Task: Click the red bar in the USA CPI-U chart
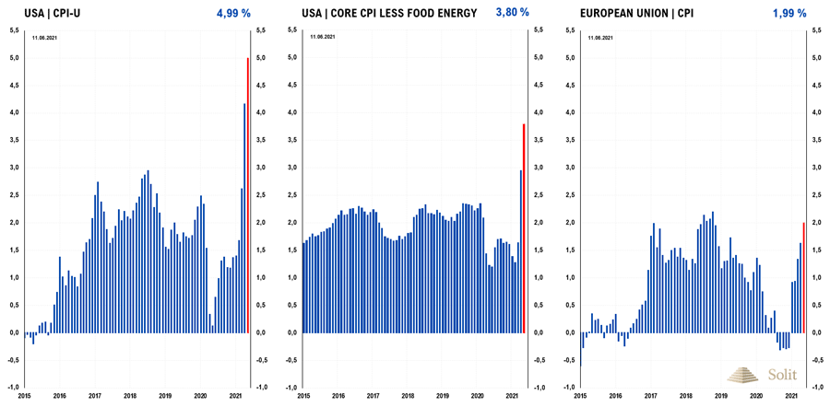click(247, 195)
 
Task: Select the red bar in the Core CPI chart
click(524, 227)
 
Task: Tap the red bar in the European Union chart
click(803, 277)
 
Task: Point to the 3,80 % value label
click(513, 13)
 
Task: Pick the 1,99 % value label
click(790, 13)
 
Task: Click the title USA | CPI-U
click(53, 14)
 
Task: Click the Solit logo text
click(781, 375)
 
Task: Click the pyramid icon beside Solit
click(744, 375)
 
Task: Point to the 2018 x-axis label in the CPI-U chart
click(130, 396)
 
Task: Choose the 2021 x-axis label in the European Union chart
click(790, 396)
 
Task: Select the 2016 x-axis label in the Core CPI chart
click(338, 396)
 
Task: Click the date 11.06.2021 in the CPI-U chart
click(46, 38)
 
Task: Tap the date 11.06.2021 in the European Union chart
click(600, 38)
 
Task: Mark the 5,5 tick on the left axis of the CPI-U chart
click(14, 30)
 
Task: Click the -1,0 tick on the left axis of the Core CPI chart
click(291, 388)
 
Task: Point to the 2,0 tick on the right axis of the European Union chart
click(816, 223)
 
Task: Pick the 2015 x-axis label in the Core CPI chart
click(303, 396)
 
